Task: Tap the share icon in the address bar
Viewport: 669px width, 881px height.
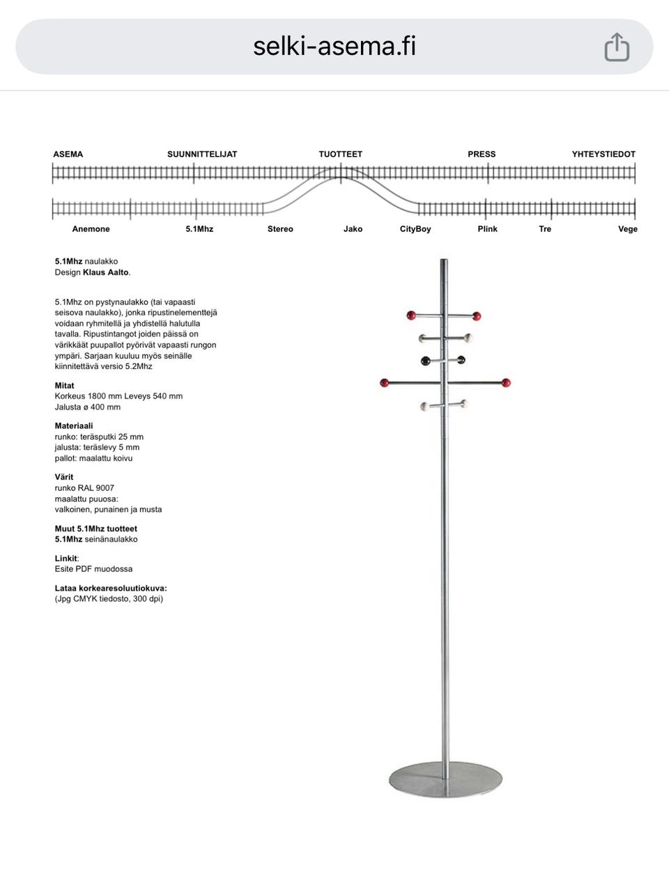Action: (x=617, y=47)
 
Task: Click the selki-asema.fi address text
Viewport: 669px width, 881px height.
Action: (x=334, y=47)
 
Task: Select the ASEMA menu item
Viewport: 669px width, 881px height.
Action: (x=68, y=154)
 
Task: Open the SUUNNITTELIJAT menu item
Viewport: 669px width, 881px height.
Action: (x=202, y=154)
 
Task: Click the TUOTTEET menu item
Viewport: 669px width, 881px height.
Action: (x=341, y=154)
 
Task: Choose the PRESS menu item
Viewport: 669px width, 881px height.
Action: (x=482, y=154)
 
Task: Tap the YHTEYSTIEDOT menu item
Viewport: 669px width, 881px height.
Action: (x=603, y=154)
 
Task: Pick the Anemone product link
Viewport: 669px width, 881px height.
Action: (x=91, y=229)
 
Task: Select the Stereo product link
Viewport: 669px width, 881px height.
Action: (x=280, y=229)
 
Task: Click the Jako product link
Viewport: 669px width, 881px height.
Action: (x=353, y=229)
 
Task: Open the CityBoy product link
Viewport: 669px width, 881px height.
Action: (x=415, y=229)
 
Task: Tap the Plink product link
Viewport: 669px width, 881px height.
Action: (x=487, y=229)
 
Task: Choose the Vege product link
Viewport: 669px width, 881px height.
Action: (x=627, y=229)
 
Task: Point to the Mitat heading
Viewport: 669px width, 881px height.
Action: (x=65, y=386)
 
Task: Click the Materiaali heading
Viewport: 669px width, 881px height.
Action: (x=74, y=426)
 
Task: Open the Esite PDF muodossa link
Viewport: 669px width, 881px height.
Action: (x=93, y=569)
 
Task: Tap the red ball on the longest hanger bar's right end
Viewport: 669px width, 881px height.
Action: (x=507, y=383)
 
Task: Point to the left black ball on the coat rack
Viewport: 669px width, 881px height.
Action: (x=425, y=360)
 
